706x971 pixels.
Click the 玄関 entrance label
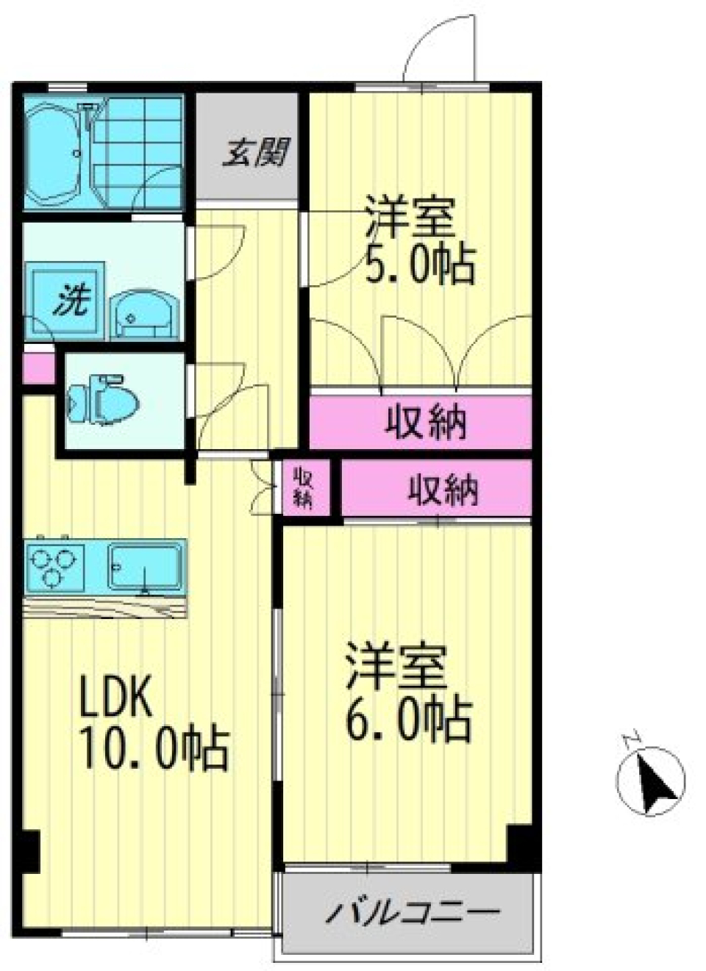coord(255,152)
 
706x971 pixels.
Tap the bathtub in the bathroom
coord(54,154)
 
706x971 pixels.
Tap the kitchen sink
coord(146,566)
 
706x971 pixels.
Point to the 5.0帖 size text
coord(420,264)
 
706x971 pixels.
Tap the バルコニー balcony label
coord(413,912)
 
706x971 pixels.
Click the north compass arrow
coord(652,781)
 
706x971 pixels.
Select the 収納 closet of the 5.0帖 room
coord(424,422)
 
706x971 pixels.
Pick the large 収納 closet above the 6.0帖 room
coord(442,489)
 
